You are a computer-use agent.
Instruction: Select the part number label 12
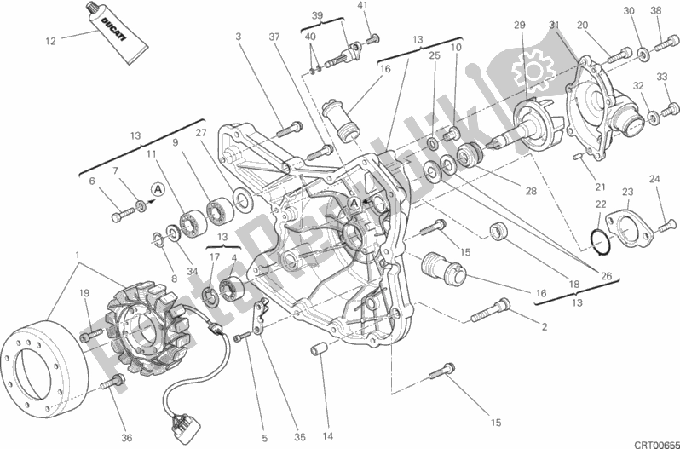click(49, 40)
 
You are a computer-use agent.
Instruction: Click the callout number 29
click(520, 26)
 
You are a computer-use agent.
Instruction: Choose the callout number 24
click(654, 179)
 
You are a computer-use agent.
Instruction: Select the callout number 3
click(239, 36)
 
